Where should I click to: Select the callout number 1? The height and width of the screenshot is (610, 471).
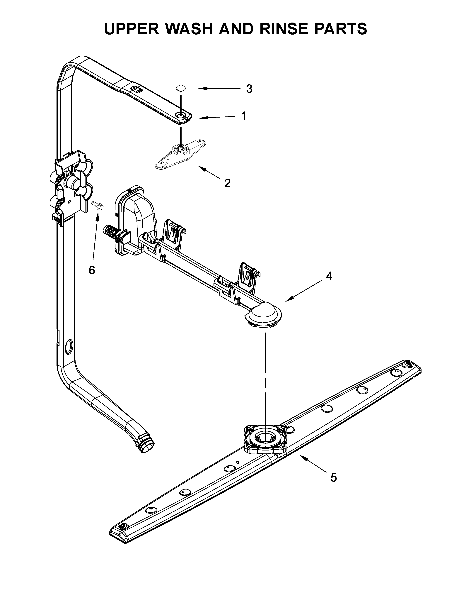pos(244,116)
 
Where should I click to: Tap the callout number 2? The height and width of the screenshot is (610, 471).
pos(227,183)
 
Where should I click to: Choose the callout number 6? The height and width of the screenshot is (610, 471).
pos(92,270)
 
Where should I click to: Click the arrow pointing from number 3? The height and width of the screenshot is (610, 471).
pos(219,89)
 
